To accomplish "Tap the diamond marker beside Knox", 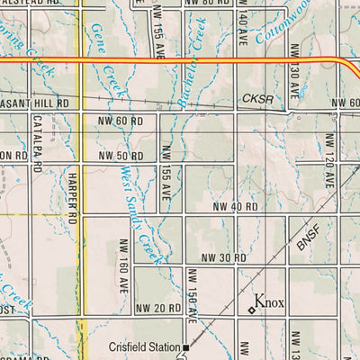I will [251, 310].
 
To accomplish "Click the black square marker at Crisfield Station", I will [186, 346].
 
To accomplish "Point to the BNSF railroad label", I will [309, 238].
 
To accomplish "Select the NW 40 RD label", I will [235, 207].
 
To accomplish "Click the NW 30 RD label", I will [223, 258].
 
